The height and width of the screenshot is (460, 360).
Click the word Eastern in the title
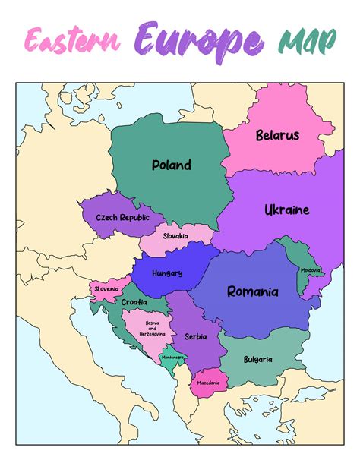point(73,40)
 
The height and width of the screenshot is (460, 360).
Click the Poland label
point(172,165)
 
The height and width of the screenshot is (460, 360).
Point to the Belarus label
point(277,136)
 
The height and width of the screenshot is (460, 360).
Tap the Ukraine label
point(286,210)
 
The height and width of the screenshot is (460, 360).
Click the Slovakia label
point(174,236)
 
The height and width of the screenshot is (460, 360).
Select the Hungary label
point(167,273)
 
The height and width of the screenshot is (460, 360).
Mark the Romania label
point(253,291)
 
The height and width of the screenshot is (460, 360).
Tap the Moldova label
point(310,270)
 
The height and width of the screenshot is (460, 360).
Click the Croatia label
point(134,301)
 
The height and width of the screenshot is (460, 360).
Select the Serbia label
point(194,336)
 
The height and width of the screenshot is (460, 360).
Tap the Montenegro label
point(172,357)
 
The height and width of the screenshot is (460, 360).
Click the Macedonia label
point(207,383)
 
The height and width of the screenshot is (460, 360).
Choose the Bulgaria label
point(257,359)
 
